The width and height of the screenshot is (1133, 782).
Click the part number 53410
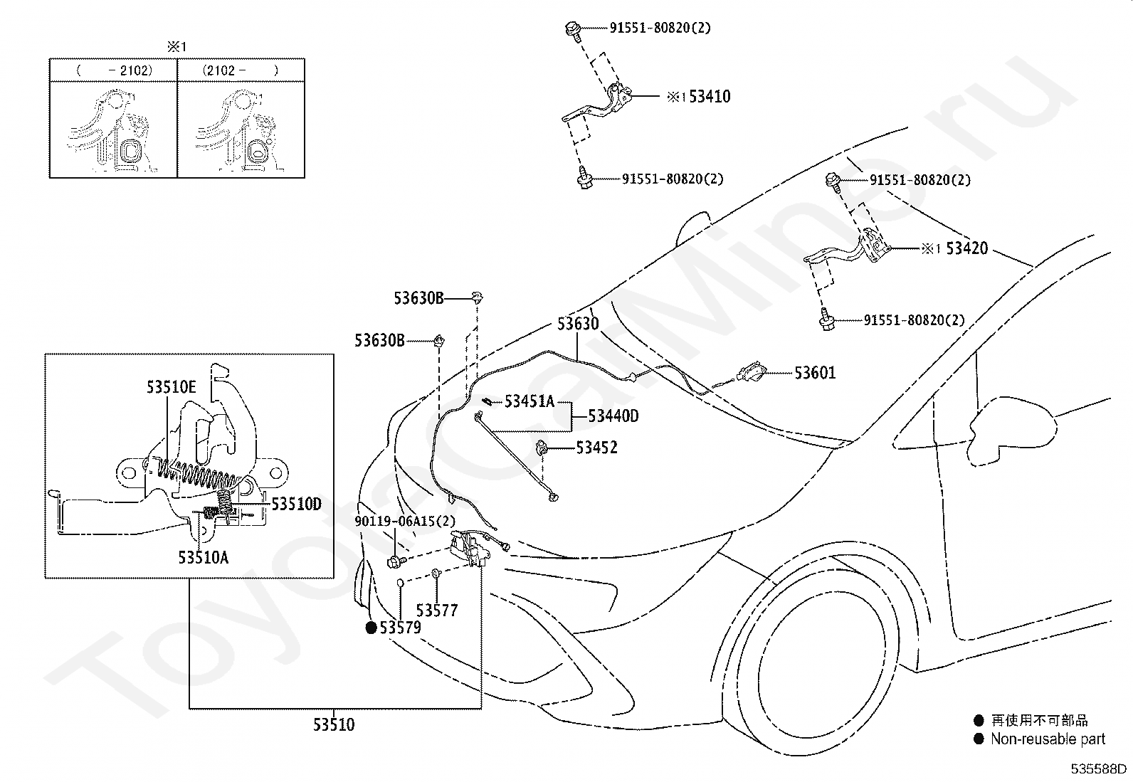tap(710, 96)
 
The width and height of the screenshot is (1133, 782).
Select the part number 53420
tap(966, 248)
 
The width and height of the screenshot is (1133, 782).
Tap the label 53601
tap(815, 373)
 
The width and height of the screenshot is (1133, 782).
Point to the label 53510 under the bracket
tap(334, 725)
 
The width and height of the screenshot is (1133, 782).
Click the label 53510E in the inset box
tap(171, 387)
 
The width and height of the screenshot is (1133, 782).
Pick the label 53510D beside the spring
tap(296, 504)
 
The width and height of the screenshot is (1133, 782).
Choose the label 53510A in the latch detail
tap(204, 557)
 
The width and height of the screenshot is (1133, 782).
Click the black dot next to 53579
tap(371, 627)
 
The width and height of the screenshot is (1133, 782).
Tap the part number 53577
tap(436, 611)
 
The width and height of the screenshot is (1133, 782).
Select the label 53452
tap(597, 448)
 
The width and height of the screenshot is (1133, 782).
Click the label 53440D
tap(613, 416)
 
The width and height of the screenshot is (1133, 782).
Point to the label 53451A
tap(529, 401)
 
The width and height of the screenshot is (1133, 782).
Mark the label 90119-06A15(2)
tap(405, 521)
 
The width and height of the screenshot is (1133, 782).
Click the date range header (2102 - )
tap(241, 70)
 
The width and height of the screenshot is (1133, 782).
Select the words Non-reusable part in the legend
tap(1048, 739)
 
